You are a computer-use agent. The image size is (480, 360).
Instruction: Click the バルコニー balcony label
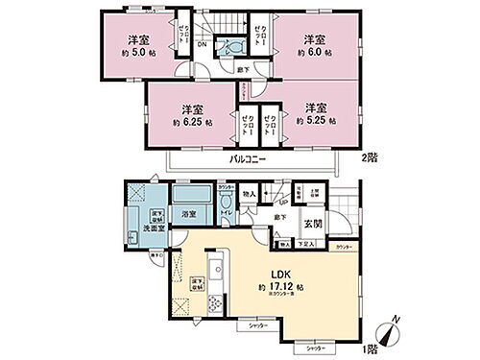point(248,159)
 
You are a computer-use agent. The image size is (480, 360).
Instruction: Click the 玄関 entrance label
point(312,226)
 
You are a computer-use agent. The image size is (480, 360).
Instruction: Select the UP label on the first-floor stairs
point(282,203)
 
